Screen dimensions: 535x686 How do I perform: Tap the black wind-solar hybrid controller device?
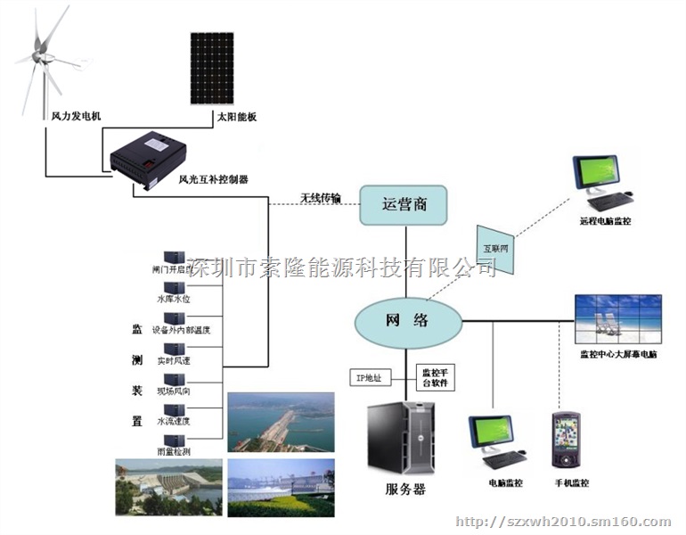coord(146,157)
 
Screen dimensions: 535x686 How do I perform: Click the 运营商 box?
coord(403,205)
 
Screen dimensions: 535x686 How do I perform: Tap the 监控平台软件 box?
coord(435,377)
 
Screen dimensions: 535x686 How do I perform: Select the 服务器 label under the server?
coord(405,489)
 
